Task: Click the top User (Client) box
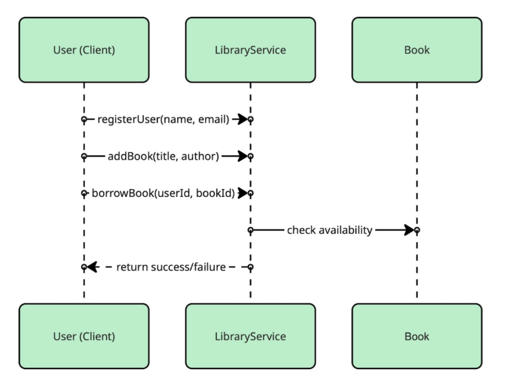[84, 50]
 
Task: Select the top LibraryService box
[250, 50]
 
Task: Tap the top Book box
[417, 50]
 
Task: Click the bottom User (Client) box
[84, 336]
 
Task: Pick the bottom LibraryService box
[250, 336]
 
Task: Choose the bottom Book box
[417, 336]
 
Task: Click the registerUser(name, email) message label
[163, 119]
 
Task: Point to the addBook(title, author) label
[163, 156]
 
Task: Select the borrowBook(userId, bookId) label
[163, 193]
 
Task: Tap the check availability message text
[330, 230]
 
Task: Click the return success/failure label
[171, 267]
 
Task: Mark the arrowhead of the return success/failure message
[92, 267]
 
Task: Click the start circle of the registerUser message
[84, 119]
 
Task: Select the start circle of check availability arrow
[250, 230]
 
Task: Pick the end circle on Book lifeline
[417, 230]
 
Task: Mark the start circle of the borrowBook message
[84, 193]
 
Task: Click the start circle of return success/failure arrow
[250, 267]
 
